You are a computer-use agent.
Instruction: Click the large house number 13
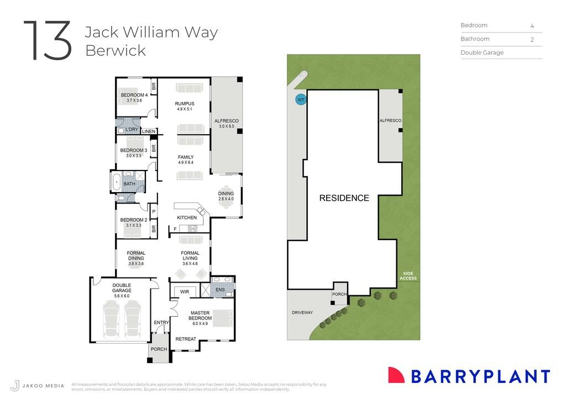(x=48, y=41)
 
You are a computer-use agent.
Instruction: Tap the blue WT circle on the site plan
(x=301, y=100)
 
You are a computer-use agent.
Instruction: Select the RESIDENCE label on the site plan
(x=344, y=198)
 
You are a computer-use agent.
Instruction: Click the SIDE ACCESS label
(x=409, y=276)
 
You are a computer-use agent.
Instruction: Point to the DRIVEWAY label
(x=302, y=312)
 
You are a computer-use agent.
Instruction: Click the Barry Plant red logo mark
(x=396, y=375)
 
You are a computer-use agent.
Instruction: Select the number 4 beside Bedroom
(x=532, y=25)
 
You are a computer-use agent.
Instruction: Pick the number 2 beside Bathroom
(x=532, y=39)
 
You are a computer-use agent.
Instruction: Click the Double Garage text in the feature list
(x=482, y=53)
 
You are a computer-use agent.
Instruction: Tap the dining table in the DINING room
(x=226, y=199)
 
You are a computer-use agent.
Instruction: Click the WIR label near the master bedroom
(x=185, y=291)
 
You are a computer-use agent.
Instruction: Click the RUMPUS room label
(x=185, y=103)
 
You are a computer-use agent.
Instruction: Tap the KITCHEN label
(x=187, y=217)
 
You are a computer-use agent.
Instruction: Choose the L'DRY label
(x=132, y=130)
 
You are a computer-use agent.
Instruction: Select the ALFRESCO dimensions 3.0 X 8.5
(x=227, y=126)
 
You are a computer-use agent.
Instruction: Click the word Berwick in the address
(x=116, y=50)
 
